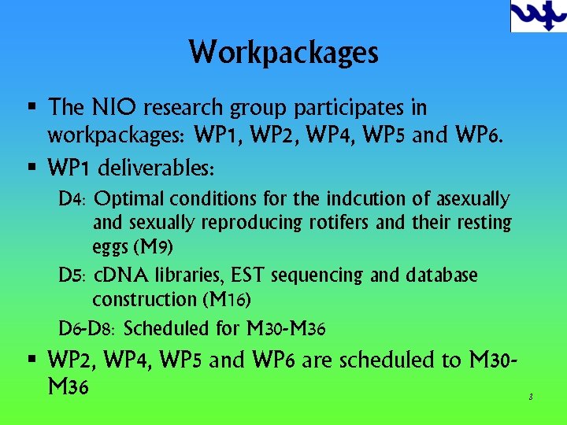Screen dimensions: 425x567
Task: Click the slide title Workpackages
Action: [283, 53]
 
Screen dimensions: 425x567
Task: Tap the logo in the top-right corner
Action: [538, 16]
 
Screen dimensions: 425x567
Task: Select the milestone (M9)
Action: [151, 248]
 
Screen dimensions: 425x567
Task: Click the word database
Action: [442, 275]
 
